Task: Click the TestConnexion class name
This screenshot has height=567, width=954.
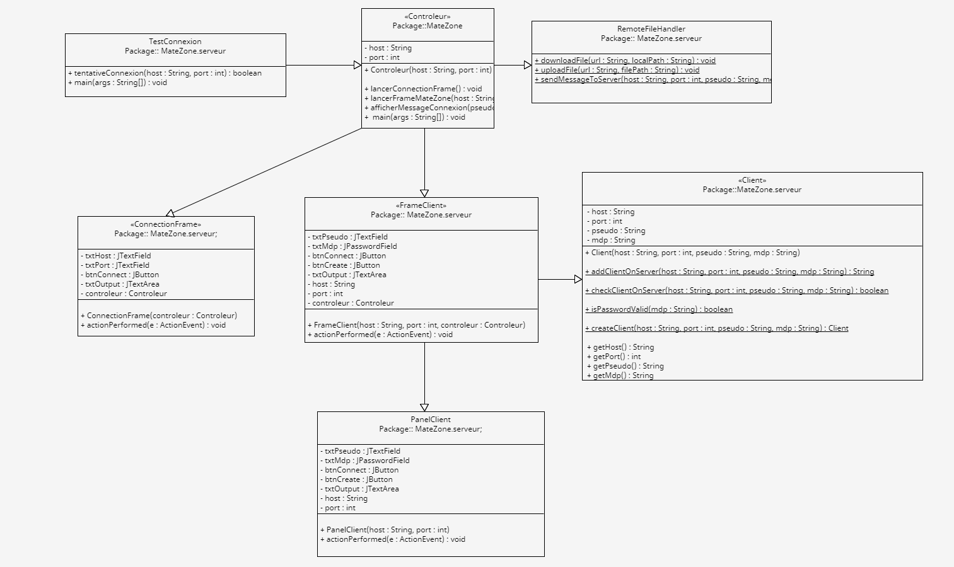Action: point(175,42)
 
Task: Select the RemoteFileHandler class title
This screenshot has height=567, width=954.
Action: point(651,29)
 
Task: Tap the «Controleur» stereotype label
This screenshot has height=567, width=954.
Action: point(427,16)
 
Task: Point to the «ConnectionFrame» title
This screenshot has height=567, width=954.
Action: point(166,224)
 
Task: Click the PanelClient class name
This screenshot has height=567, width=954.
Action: point(431,420)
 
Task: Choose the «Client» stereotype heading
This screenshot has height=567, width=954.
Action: point(752,180)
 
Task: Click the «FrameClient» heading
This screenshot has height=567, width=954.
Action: point(421,205)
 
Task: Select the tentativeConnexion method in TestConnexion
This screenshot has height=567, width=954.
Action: point(165,73)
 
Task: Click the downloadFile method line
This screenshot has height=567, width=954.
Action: point(625,60)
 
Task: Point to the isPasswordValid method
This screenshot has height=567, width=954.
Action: point(658,309)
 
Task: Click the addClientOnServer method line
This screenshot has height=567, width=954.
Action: point(729,272)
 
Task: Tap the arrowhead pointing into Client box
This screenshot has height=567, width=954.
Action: point(578,279)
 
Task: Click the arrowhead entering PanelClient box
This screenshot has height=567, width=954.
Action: point(424,408)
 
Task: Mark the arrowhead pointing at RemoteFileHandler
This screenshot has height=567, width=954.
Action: point(528,65)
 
